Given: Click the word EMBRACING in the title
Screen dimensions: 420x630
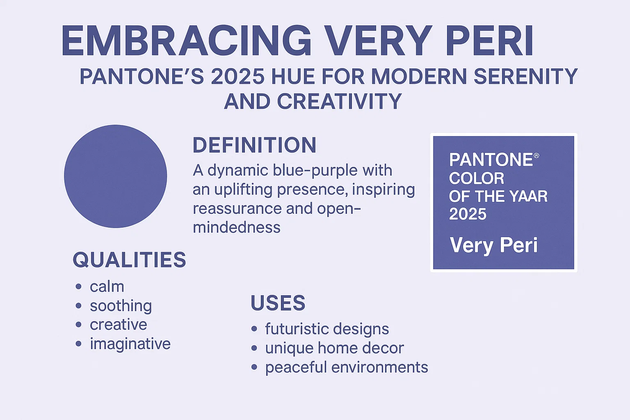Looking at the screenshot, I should coord(187,41).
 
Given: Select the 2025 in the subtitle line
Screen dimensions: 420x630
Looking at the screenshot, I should coord(237,77).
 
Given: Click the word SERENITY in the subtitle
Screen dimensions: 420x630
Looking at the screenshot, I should coord(525,77).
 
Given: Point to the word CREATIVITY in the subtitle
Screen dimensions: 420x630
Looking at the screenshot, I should coord(339,101).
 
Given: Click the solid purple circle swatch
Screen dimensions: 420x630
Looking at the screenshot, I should coord(116,176).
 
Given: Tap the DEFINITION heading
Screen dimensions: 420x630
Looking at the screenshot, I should coord(254,145).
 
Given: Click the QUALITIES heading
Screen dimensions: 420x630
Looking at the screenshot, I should coord(129,260).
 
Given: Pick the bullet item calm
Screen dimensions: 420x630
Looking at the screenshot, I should coord(107,287).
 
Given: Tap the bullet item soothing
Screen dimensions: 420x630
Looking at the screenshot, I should coord(121,306).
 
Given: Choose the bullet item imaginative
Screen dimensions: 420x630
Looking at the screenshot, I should coord(130,344).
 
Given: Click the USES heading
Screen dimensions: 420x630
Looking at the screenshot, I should coord(278,303).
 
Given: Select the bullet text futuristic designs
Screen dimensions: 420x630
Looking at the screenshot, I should coord(327,329).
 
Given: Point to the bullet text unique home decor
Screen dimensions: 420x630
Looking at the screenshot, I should coord(334,348).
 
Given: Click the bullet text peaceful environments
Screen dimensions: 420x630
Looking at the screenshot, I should coord(347,367).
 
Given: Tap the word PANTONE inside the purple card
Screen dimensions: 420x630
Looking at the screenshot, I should coord(491,160).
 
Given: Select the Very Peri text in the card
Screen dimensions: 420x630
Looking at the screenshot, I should coord(493,245).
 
